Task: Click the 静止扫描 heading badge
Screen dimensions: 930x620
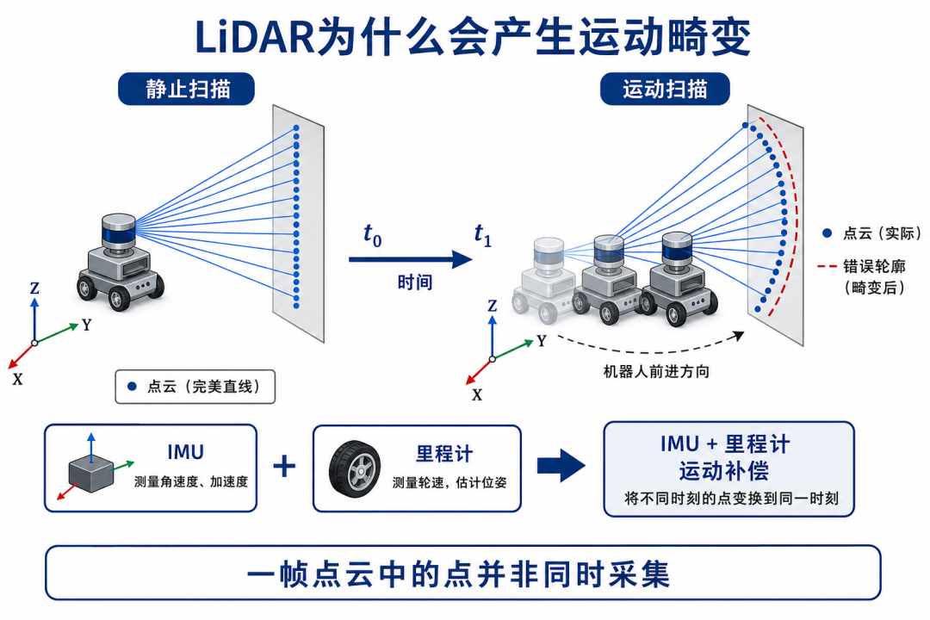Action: pyautogui.click(x=186, y=89)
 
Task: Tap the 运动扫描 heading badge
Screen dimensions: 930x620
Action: pyautogui.click(x=665, y=89)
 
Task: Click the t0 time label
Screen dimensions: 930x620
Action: pyautogui.click(x=373, y=235)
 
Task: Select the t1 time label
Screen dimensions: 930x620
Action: pyautogui.click(x=483, y=235)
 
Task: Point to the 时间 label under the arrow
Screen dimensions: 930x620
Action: pyautogui.click(x=414, y=282)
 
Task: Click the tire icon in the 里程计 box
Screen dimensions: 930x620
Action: pyautogui.click(x=356, y=468)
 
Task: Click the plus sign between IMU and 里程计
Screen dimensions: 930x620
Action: pyautogui.click(x=285, y=466)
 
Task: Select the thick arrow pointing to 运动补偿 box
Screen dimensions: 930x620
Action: pyautogui.click(x=561, y=466)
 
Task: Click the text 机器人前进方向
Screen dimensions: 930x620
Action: pyautogui.click(x=656, y=372)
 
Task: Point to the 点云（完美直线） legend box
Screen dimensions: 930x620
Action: pyautogui.click(x=195, y=387)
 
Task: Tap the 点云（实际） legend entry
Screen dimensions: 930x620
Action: pyautogui.click(x=871, y=233)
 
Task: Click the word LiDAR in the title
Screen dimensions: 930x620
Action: pyautogui.click(x=255, y=37)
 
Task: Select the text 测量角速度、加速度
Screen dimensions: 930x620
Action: pyautogui.click(x=191, y=481)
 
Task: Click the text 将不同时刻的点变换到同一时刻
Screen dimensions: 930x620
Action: pyautogui.click(x=731, y=499)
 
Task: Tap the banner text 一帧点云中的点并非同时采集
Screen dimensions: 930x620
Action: pyautogui.click(x=458, y=574)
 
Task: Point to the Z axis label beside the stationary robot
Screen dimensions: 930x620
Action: pyautogui.click(x=34, y=288)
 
